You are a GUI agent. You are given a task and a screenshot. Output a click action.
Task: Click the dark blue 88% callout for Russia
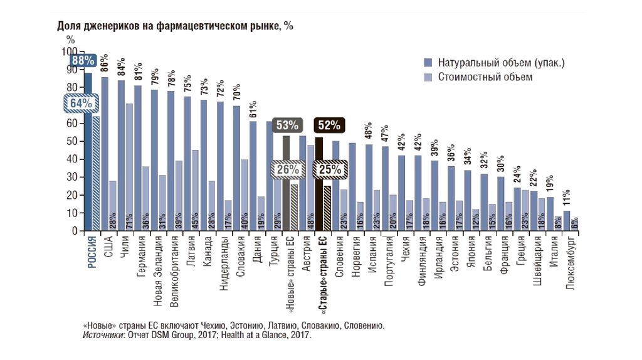[x=82, y=61]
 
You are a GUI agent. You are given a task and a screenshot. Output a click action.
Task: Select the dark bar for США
[x=105, y=154]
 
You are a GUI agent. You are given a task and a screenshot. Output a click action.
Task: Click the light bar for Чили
[x=129, y=167]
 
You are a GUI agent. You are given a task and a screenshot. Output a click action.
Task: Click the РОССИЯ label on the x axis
[x=92, y=253]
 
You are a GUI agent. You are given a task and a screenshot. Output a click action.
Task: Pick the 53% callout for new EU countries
[x=287, y=125]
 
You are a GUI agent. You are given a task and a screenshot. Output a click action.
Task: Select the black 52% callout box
[x=329, y=125]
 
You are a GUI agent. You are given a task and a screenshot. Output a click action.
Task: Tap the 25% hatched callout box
[x=329, y=169]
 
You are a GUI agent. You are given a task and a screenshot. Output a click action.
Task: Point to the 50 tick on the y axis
[x=70, y=142]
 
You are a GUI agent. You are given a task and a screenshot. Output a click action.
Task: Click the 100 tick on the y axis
[x=68, y=52]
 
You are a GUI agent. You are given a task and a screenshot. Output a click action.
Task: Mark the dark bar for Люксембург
[x=567, y=221]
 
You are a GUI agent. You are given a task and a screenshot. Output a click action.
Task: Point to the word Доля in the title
[x=68, y=26]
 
